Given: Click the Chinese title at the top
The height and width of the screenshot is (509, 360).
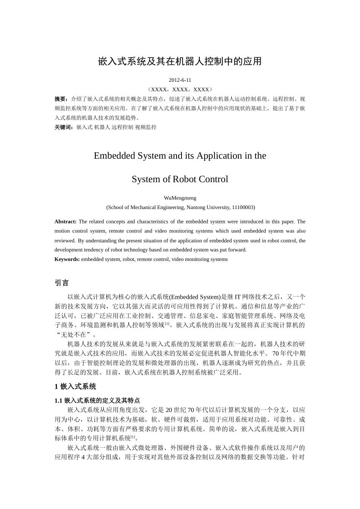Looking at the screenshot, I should coord(180,61).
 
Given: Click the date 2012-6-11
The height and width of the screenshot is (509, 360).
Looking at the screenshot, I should coord(180,80).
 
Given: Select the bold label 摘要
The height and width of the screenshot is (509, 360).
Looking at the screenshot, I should coord(61,99).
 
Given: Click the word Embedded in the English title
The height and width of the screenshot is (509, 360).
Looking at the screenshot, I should coord(113,156).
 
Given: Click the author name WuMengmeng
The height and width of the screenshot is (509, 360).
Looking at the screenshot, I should coord(180,198).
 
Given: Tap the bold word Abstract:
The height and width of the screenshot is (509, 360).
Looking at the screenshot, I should coord(66,222).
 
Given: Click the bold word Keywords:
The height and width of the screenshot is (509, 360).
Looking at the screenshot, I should coord(67,259).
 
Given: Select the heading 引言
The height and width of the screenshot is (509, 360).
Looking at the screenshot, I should coord(62,283).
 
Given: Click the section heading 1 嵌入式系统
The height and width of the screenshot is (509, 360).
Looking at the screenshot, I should coord(75,387).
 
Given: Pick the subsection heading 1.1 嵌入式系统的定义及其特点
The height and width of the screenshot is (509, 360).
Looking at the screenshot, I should coord(97,401).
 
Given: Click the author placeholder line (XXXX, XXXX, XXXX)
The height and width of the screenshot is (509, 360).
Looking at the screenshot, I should coord(180,90).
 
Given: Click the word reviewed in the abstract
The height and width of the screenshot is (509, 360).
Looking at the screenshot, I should coord(65,240).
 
